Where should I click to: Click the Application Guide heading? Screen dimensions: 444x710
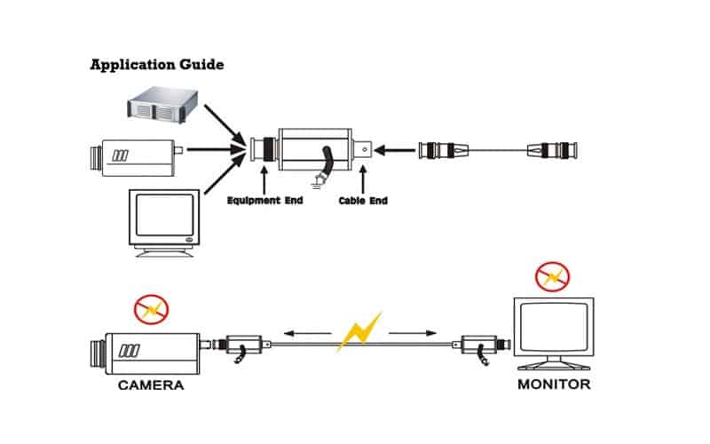pos(157,65)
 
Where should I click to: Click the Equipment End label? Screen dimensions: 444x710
pos(264,201)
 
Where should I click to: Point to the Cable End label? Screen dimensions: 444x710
pos(363,201)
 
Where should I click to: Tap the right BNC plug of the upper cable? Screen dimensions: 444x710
pos(549,150)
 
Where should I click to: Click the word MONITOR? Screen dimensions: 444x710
pos(554,385)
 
